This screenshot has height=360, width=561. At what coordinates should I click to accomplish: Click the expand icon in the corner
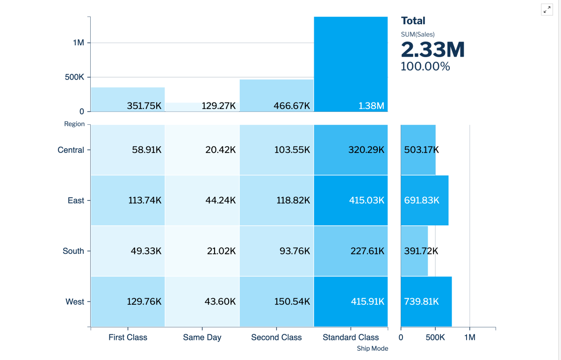[547, 10]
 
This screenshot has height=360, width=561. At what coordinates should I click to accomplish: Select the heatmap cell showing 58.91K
[128, 150]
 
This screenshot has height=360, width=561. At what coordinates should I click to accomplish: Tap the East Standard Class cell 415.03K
[351, 201]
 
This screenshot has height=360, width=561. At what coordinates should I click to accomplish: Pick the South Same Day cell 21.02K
[202, 251]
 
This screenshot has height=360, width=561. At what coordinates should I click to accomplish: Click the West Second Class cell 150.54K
[276, 302]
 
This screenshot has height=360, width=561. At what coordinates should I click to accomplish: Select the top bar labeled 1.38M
[351, 64]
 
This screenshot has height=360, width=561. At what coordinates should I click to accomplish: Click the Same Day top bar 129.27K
[202, 107]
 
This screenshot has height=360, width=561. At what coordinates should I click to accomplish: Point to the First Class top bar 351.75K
[128, 99]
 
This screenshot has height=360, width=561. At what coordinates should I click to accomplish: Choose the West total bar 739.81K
[426, 302]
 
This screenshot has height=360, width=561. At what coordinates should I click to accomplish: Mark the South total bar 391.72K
[414, 251]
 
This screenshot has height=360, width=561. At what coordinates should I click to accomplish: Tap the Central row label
[71, 150]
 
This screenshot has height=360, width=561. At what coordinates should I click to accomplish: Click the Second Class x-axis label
[276, 337]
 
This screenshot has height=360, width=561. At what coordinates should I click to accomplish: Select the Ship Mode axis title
[372, 348]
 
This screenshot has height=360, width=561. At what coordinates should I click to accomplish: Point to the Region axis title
[75, 124]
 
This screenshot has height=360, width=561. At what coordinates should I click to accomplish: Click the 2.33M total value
[432, 49]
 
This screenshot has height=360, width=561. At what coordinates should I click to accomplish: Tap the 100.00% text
[425, 66]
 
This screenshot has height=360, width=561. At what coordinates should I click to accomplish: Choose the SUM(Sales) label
[417, 34]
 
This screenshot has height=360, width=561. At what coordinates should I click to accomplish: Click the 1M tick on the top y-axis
[78, 43]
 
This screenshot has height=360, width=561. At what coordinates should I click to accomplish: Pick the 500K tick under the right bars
[435, 337]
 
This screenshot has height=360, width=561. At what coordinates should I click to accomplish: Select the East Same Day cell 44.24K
[202, 201]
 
